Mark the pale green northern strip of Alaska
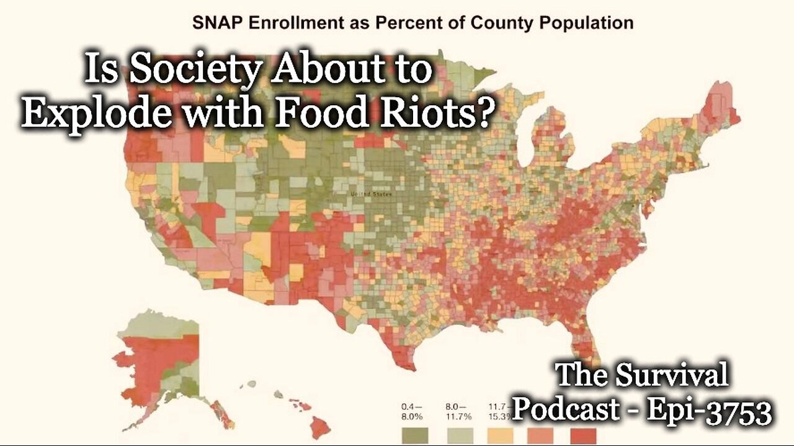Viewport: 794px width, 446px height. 158,321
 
